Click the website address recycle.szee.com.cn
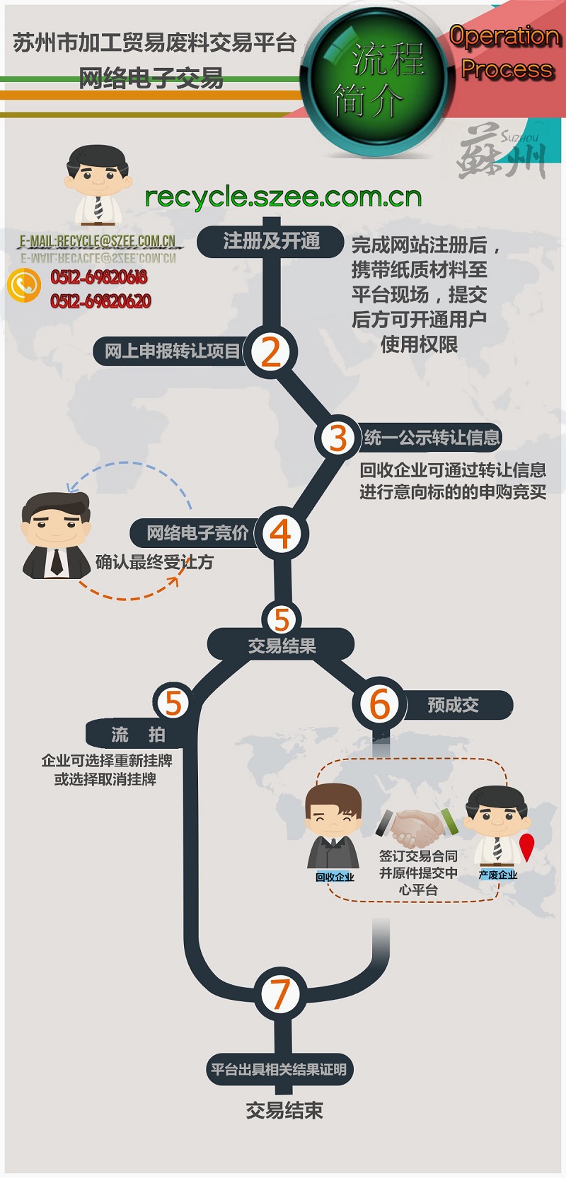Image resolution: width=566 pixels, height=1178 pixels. [283, 197]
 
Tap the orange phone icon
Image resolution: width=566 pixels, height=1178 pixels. [24, 285]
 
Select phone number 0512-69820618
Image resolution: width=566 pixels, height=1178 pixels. [99, 276]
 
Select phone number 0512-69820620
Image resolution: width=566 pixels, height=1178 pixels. [100, 301]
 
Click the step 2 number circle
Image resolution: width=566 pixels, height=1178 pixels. [271, 351]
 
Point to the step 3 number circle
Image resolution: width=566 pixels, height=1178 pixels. [338, 438]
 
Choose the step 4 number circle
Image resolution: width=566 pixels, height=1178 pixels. [281, 534]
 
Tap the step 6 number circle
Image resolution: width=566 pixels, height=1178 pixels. [380, 704]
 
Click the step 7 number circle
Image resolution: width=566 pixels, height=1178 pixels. [281, 993]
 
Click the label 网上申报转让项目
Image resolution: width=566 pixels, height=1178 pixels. [173, 351]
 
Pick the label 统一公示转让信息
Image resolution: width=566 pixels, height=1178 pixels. [432, 438]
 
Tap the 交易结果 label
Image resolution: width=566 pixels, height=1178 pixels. [282, 646]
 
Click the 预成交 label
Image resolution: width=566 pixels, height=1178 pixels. [453, 705]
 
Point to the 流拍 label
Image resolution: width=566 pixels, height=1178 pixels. [138, 735]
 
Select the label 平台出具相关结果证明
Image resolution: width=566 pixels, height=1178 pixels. [279, 1069]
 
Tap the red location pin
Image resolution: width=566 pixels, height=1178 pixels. [527, 847]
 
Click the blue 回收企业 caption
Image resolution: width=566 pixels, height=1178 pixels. [335, 877]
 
